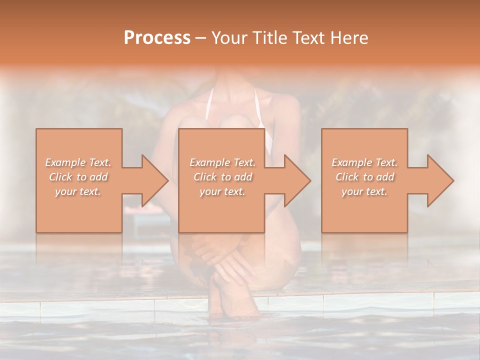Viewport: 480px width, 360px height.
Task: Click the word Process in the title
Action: coord(157,38)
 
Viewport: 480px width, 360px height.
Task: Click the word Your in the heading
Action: coord(228,38)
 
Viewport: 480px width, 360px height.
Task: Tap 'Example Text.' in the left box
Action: coord(78,162)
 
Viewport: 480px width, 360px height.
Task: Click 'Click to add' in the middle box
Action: coord(222,177)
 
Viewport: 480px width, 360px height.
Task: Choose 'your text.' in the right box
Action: coord(364,191)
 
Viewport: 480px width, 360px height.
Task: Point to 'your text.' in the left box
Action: coord(78,191)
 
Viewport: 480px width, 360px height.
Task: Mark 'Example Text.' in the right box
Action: coord(364,162)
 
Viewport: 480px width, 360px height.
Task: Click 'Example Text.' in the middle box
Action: coord(222,162)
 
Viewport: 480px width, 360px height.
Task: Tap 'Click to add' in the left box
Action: coord(78,177)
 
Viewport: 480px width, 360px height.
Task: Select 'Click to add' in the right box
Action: coord(364,177)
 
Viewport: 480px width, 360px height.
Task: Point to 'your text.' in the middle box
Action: coord(222,191)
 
